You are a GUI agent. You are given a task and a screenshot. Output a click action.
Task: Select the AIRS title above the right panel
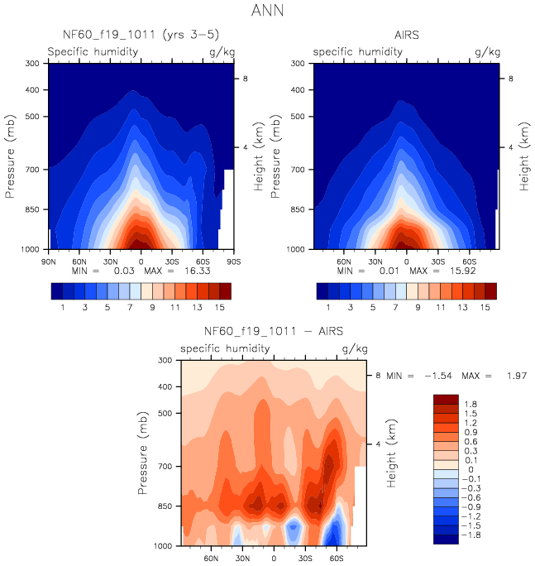pos(407,35)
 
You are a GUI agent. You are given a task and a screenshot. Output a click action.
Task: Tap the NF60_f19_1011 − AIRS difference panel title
pos(273,332)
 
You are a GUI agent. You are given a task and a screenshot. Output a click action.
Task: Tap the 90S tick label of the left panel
pos(232,259)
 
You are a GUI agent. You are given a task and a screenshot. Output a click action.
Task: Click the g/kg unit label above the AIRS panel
pos(488,51)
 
